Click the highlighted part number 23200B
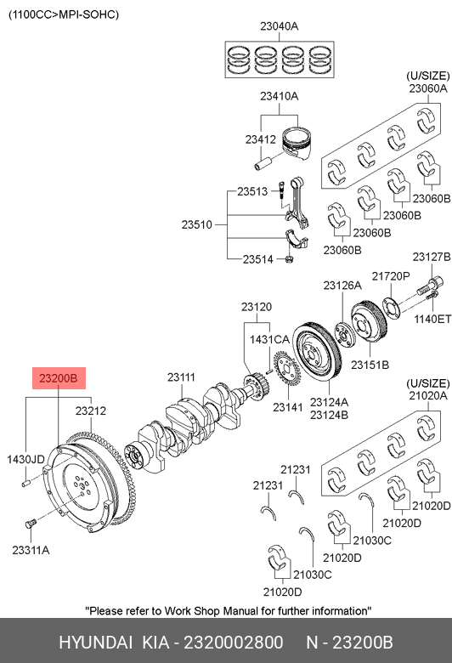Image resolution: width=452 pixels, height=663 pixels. tap(59, 378)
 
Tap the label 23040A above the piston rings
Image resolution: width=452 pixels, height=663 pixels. tap(279, 26)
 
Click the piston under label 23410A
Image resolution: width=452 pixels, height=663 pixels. tap(297, 143)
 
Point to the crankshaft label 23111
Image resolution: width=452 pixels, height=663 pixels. tap(181, 377)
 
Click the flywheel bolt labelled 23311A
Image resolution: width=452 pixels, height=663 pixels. tap(30, 524)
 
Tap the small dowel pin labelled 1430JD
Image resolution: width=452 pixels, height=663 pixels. tap(26, 482)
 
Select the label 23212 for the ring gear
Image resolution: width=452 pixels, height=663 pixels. tap(91, 411)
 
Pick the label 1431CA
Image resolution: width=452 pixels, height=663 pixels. tap(269, 339)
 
